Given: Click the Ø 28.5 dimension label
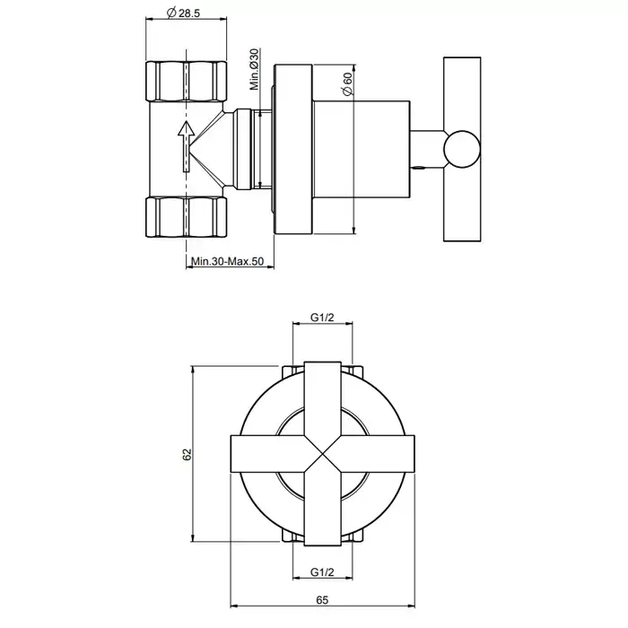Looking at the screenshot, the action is coord(182,13).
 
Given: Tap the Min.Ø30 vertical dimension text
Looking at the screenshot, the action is coord(255,69).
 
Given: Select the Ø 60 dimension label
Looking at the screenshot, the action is coord(347,83).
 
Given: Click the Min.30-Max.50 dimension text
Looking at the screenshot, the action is coord(228,262).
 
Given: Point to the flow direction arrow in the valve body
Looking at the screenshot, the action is coord(186,146).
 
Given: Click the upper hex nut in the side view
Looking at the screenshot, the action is coord(187,81).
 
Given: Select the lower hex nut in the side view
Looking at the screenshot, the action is coord(187,217).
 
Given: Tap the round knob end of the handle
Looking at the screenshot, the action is coord(462,149).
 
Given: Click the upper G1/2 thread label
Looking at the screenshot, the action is coord(322,318).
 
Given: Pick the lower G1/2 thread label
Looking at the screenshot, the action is coord(322,572).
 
